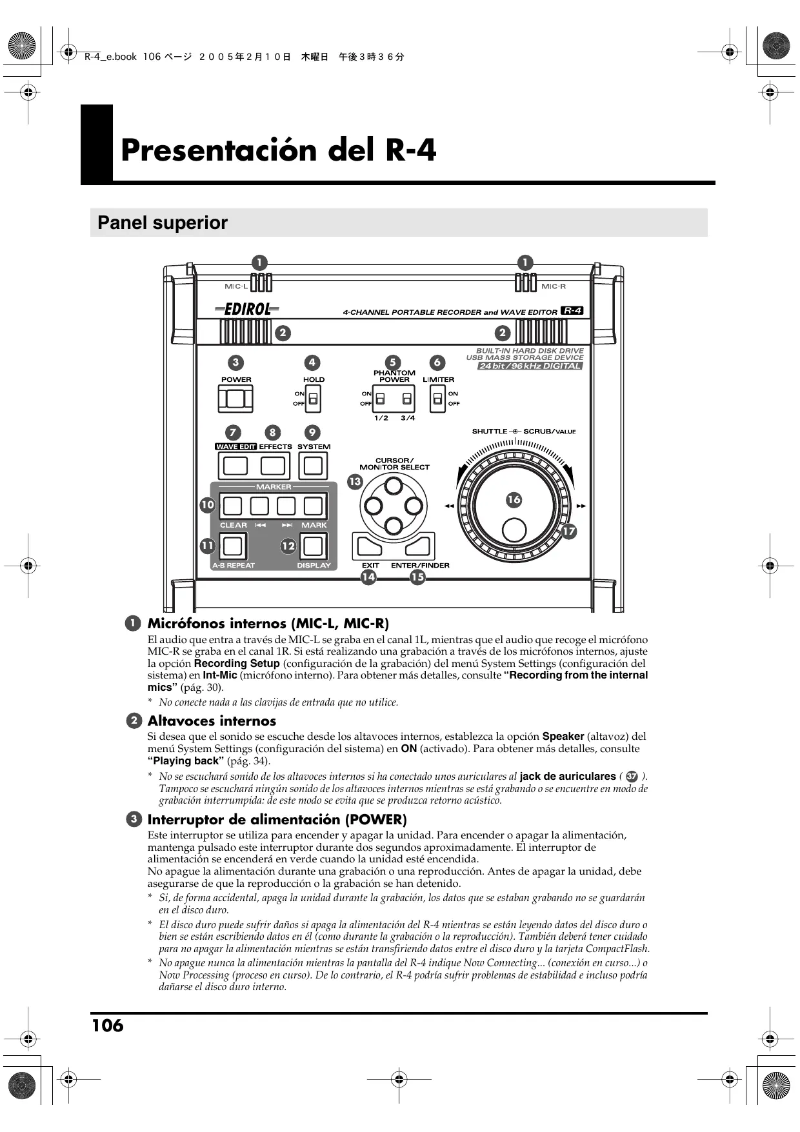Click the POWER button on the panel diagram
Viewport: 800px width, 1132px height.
pos(235,399)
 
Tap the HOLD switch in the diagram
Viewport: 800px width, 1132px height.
pos(313,399)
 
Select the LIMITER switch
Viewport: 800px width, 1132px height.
pos(438,399)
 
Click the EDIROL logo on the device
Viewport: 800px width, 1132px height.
pos(247,310)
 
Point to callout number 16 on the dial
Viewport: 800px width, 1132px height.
pos(514,500)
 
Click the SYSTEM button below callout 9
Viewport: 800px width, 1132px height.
pos(313,466)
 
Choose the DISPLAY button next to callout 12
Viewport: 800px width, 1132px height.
pos(313,546)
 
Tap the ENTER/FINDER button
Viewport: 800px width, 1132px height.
pos(418,548)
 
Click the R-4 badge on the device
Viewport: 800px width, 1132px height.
pos(572,311)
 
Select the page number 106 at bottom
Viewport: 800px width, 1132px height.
pos(108,1026)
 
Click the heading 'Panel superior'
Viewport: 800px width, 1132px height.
pos(163,223)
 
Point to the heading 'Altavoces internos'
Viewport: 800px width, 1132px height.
pos(212,721)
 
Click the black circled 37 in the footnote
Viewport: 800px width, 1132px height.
pos(632,777)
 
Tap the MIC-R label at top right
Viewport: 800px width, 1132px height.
pos(554,286)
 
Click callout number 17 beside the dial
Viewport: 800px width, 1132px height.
pos(568,531)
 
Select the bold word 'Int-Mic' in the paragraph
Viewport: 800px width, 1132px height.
pos(219,675)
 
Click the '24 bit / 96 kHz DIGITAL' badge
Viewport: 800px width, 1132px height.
pos(530,366)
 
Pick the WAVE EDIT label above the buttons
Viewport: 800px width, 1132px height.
pos(235,446)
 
